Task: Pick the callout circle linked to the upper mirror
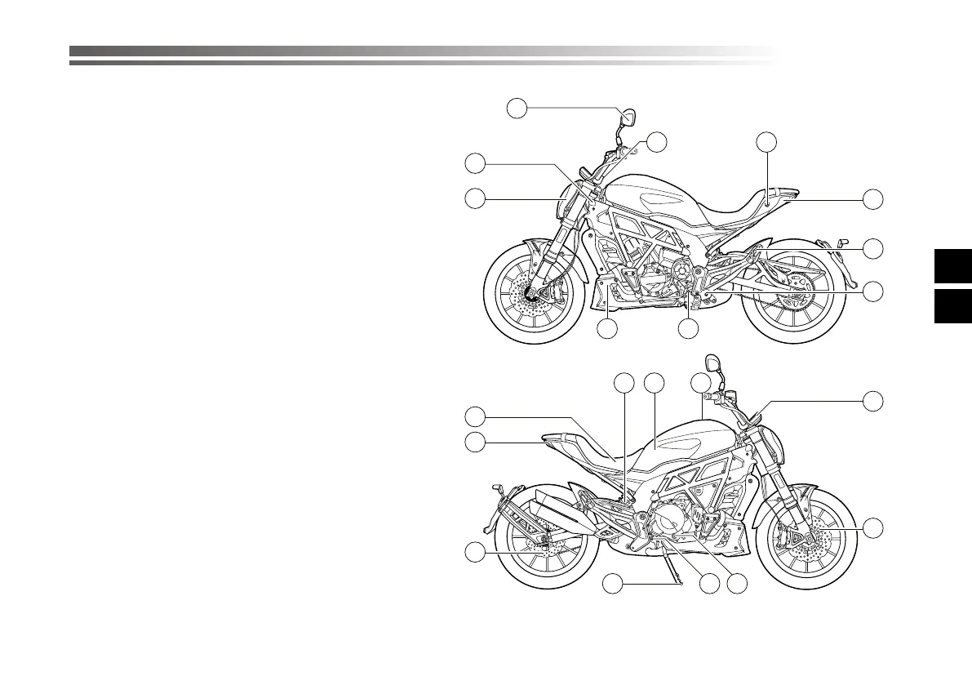[x=516, y=107]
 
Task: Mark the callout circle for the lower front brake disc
[x=874, y=527]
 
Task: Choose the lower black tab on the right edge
[x=952, y=306]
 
